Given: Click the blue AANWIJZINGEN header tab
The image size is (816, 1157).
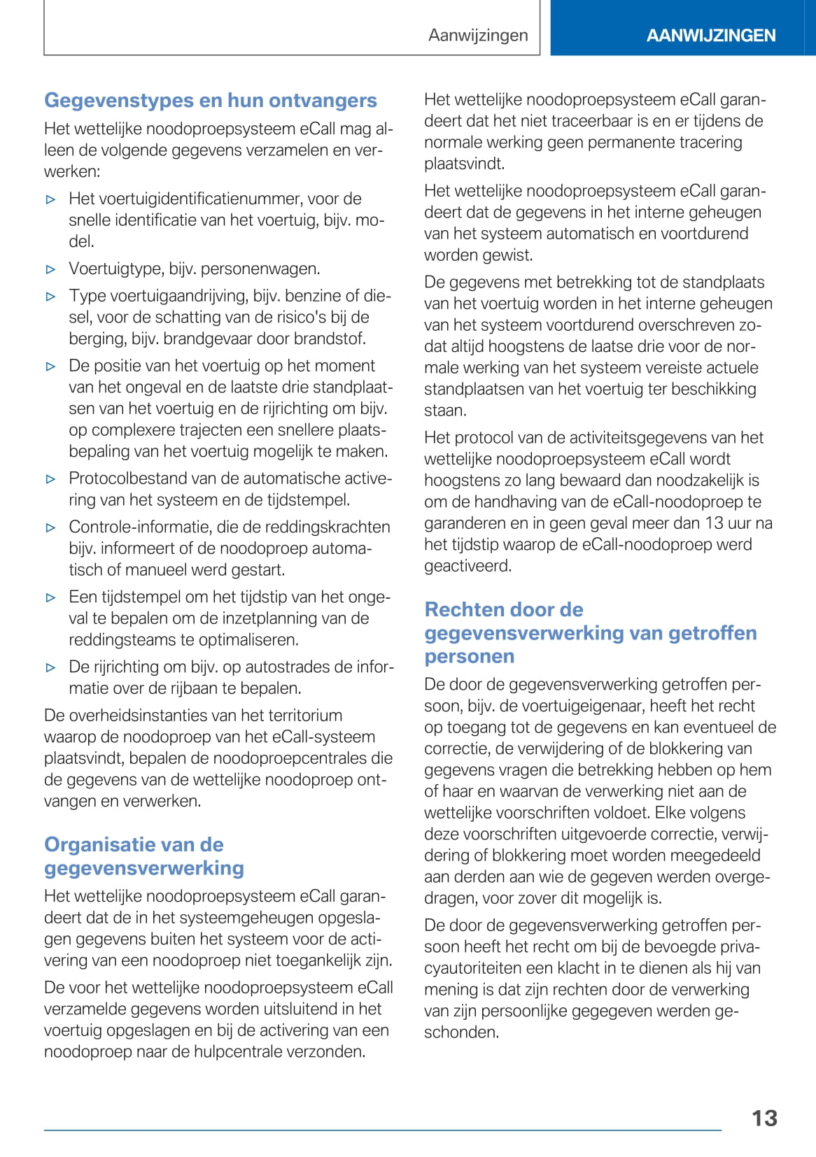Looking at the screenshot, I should point(710,36).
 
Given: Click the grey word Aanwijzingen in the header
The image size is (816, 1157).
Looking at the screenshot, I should point(478,36).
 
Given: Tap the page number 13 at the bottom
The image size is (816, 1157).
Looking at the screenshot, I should point(764,1118).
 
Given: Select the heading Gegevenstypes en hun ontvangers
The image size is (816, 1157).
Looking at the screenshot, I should point(210,101).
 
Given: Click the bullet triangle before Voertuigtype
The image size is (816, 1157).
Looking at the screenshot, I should point(50,269).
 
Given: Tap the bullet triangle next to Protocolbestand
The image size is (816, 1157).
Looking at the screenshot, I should point(50,479).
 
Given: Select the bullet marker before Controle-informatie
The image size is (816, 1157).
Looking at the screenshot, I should point(50,528).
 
